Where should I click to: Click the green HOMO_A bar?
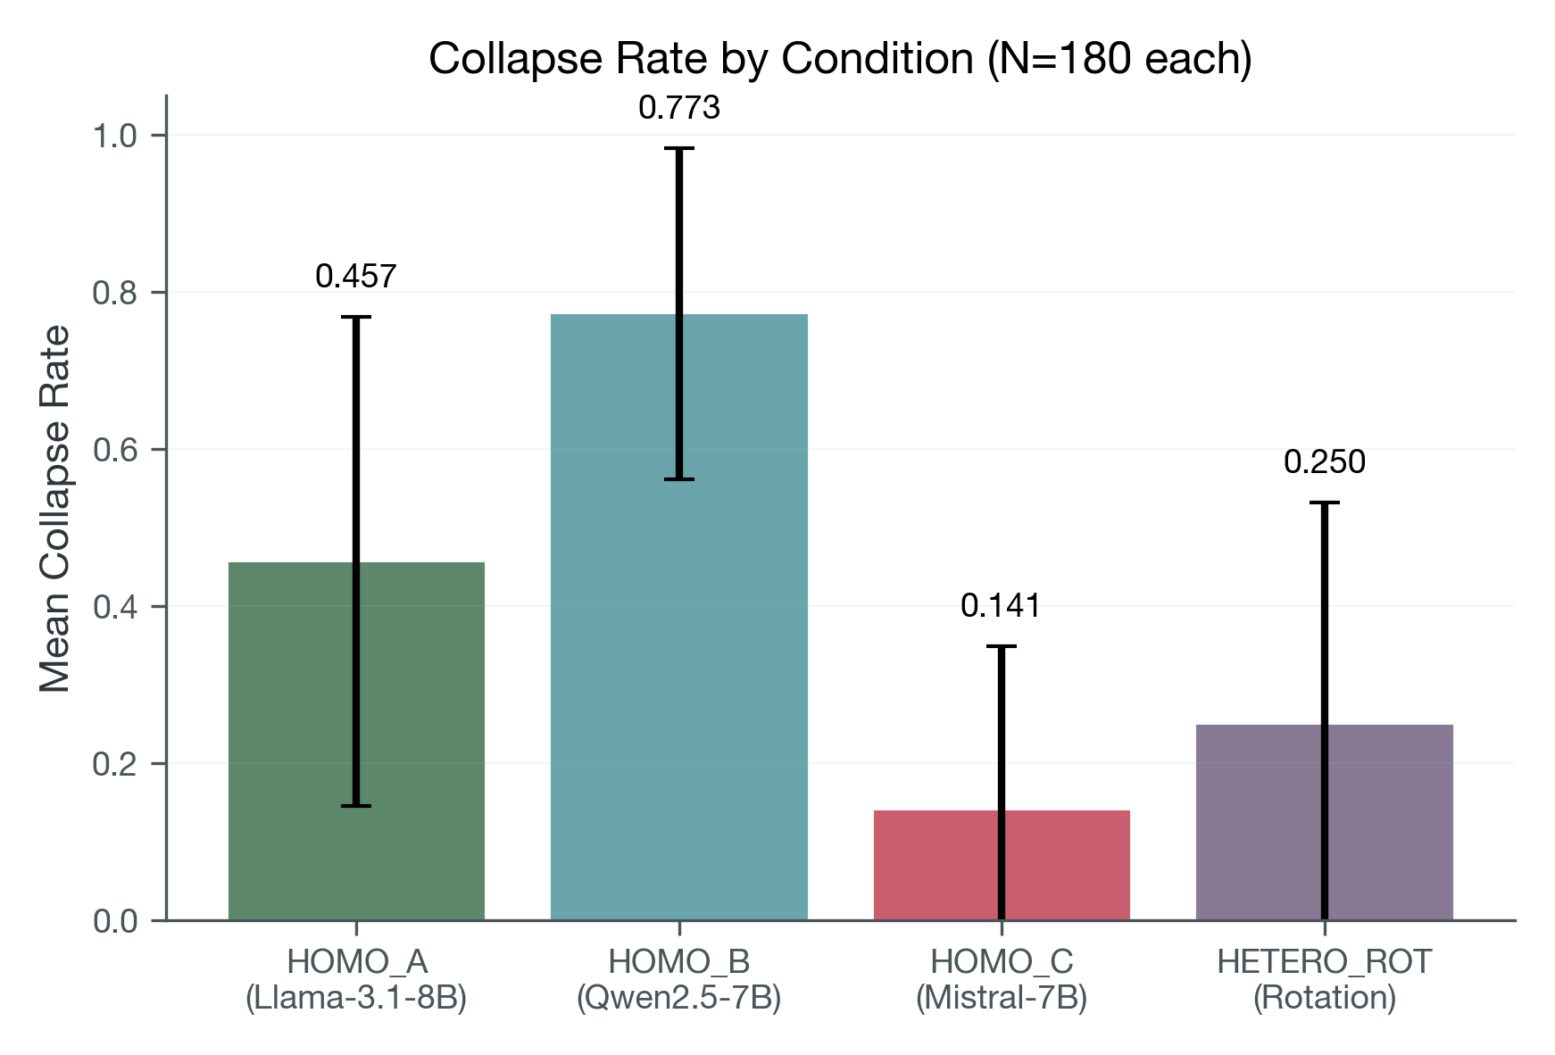coord(286,741)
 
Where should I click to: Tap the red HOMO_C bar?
coord(937,866)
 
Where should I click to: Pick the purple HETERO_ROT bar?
coord(1259,821)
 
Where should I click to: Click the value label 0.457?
coord(355,277)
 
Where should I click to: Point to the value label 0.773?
coord(678,108)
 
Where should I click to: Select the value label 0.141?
coord(1001,607)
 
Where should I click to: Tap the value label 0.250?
coord(1324,462)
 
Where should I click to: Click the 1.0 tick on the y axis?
coord(115,136)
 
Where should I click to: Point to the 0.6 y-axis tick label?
coord(115,450)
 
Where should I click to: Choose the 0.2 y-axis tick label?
coord(115,764)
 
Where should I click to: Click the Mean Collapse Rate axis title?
coord(55,509)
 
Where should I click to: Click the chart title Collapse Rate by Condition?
coord(839,59)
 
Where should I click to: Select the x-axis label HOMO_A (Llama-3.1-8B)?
coord(356,979)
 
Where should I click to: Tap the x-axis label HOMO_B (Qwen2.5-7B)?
coord(678,979)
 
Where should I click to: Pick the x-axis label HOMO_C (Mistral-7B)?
coord(1001,979)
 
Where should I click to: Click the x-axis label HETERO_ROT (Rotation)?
coord(1324,979)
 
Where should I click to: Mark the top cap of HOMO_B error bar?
coord(678,149)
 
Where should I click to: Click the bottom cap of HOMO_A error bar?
coord(355,806)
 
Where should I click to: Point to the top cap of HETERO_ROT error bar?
coord(1324,503)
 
